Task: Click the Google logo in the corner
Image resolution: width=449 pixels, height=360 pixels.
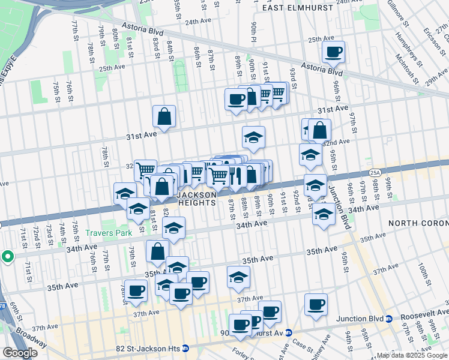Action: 20,353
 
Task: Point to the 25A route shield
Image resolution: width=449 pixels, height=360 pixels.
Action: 375,172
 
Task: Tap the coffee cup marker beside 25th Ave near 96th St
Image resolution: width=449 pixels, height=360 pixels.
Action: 333,52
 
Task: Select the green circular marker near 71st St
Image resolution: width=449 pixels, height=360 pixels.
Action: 8,257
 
